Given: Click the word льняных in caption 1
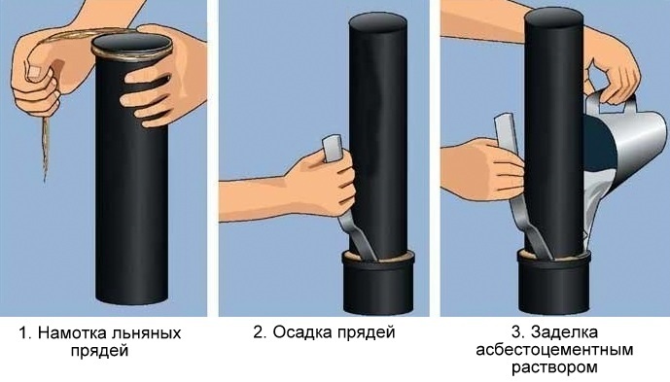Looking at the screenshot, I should pos(145,333).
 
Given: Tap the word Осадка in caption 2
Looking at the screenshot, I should pos(302,333).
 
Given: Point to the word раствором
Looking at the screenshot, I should pos(557,368).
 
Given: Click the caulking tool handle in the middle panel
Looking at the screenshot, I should pos(331,148).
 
